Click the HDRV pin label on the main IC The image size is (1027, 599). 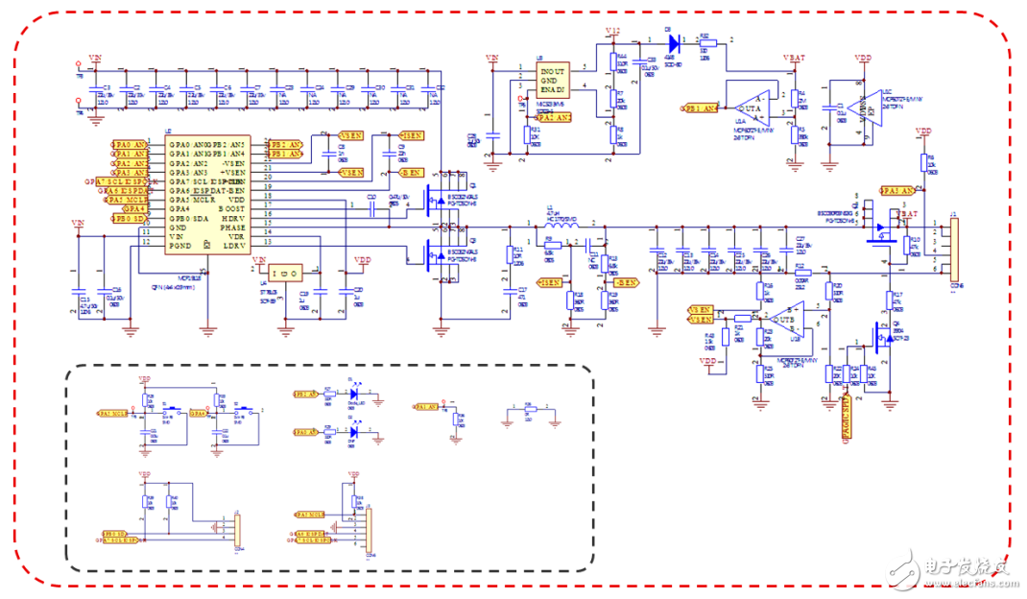(x=232, y=217)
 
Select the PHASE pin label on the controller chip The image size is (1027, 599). (x=232, y=227)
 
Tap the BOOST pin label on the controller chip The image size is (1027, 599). (x=232, y=207)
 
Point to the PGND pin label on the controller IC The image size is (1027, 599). (x=179, y=247)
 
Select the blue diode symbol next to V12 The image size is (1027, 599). (x=672, y=41)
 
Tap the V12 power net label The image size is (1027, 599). (x=614, y=32)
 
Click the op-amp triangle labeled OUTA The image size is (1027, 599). (x=750, y=105)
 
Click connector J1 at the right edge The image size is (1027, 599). (x=952, y=248)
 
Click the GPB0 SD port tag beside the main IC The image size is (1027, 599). (x=130, y=218)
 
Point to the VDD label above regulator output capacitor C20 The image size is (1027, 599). (x=362, y=260)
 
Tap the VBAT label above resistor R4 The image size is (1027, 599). (x=795, y=58)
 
